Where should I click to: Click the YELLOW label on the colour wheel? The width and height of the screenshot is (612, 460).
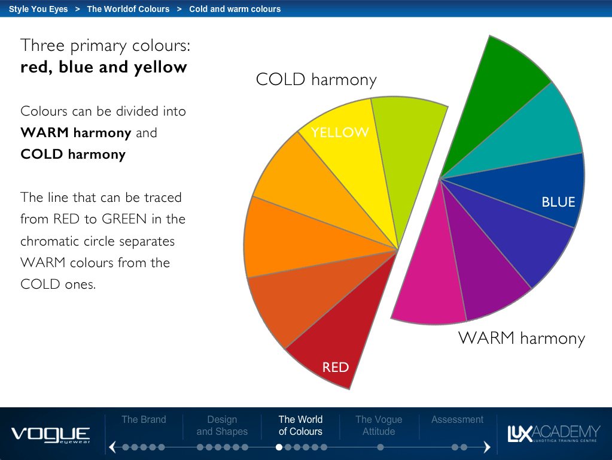340,132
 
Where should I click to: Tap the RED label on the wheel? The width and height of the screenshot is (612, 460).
336,367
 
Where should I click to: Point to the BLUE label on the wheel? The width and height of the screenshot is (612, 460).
558,202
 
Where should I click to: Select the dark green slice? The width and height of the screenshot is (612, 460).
492,98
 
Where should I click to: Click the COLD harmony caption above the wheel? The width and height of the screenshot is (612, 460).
316,80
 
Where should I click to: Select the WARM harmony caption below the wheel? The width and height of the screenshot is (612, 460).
522,338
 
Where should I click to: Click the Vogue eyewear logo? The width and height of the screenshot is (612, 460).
50,435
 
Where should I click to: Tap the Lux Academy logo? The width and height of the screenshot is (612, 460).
553,434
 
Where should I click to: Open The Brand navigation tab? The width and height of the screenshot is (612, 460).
144,419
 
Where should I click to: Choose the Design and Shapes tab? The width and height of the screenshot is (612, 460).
222,425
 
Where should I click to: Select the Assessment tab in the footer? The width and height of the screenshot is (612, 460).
458,419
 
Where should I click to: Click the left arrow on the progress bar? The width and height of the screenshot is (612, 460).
113,447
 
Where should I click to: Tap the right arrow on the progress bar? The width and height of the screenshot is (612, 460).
487,447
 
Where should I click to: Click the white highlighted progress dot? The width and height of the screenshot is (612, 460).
279,447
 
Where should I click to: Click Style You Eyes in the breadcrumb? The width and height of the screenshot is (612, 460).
38,9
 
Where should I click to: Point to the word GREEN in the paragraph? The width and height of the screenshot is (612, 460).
124,219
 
